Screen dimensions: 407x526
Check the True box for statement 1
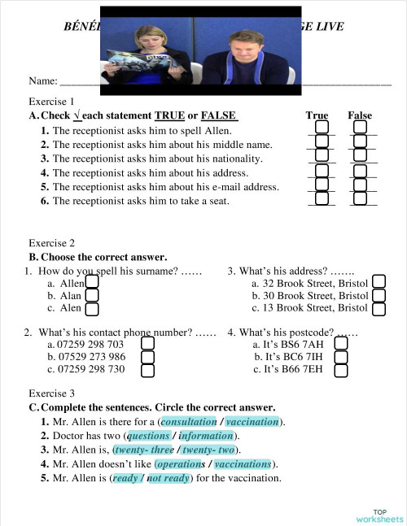pos(322,129)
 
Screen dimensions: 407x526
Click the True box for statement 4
pos(322,172)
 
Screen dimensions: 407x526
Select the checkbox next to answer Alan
pos(93,295)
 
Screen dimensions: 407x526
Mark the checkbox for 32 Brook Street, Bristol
pos(379,281)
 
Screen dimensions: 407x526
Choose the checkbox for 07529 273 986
pos(148,357)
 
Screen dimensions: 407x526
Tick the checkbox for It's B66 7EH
pos(341,371)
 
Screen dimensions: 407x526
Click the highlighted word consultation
pos(190,422)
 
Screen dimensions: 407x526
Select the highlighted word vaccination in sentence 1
pos(252,422)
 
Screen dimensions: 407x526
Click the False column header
pos(360,115)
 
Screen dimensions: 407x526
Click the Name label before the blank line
pos(42,81)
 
